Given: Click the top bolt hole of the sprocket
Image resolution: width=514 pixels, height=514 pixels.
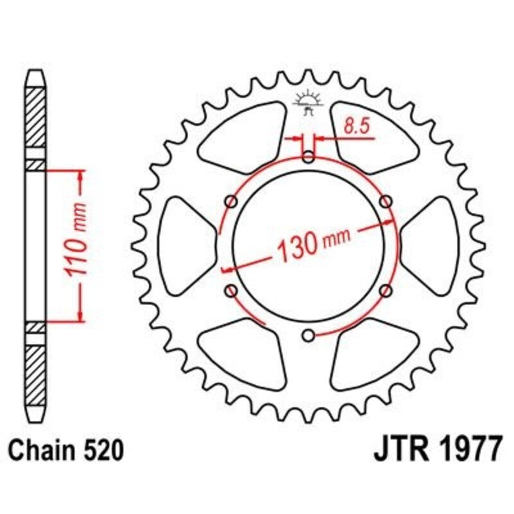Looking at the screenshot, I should click(x=309, y=157).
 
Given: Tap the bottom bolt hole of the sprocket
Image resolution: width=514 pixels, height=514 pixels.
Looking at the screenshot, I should click(x=309, y=335).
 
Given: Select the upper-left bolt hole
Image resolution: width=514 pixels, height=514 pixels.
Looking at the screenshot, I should click(x=231, y=202).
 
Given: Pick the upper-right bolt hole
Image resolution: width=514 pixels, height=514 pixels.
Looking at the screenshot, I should click(x=386, y=202).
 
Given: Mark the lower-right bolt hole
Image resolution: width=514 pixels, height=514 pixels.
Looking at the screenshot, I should click(x=386, y=291).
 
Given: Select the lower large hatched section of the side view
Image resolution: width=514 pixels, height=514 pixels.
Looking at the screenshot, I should click(x=36, y=373).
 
